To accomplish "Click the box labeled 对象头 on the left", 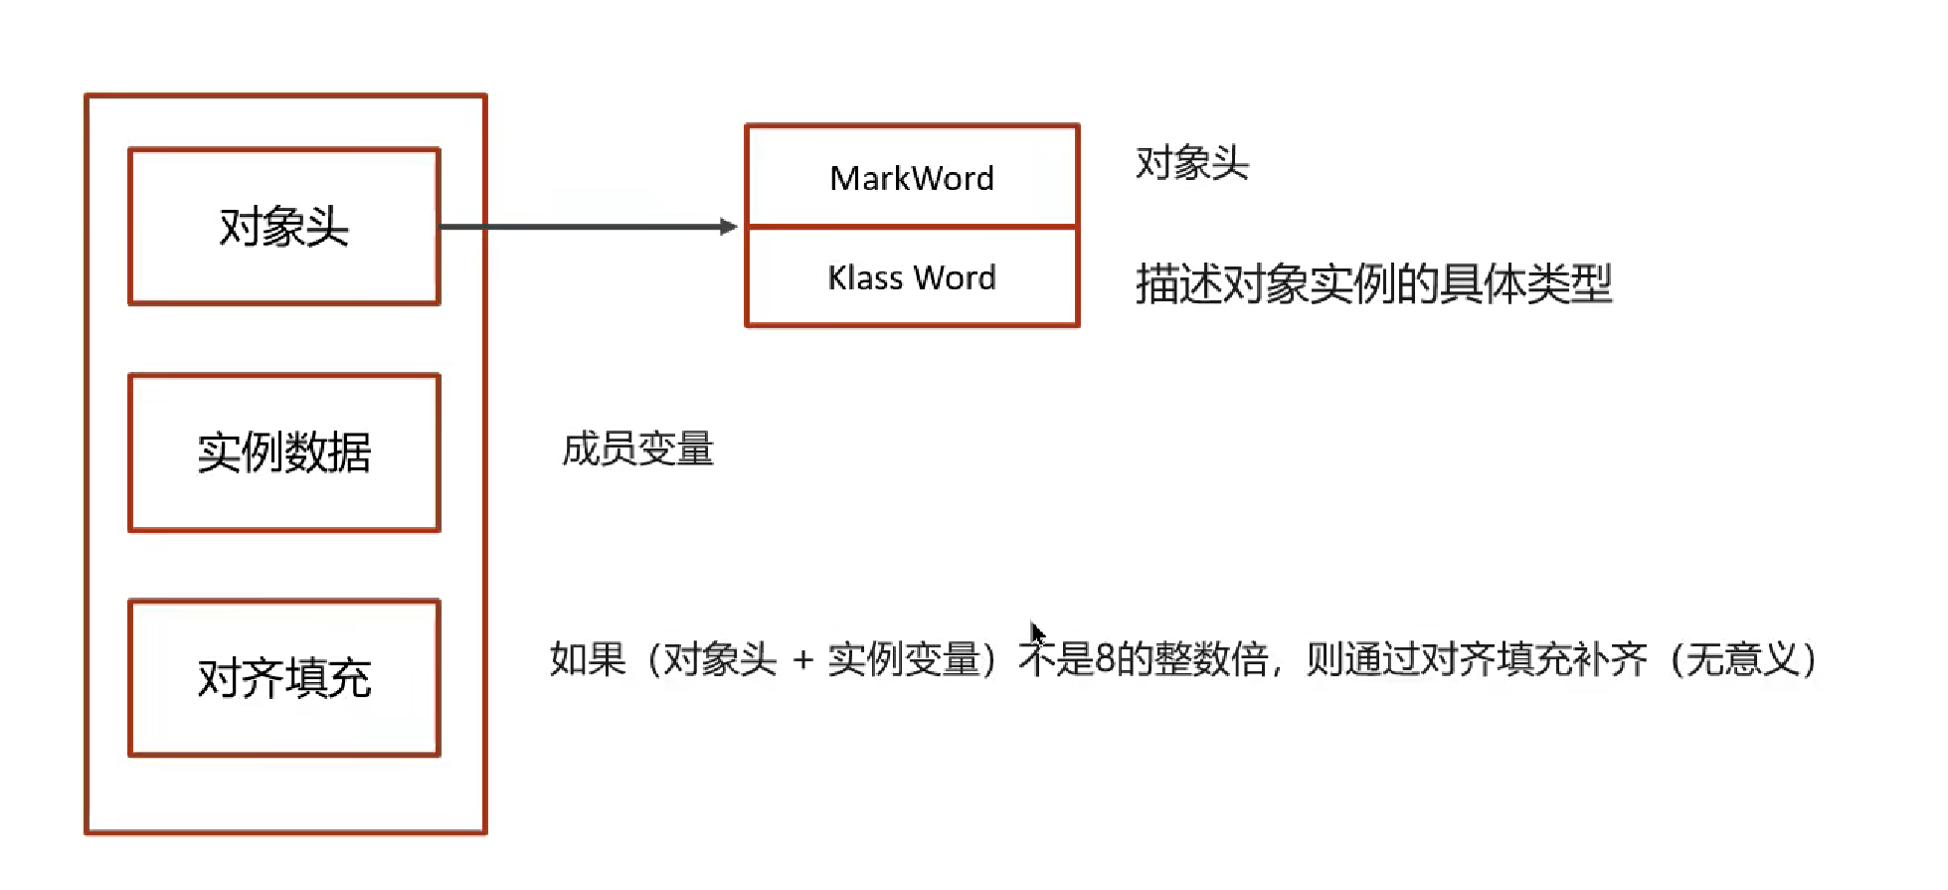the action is click(x=284, y=227).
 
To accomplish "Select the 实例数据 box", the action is click(x=284, y=452).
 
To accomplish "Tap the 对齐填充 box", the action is click(x=284, y=678).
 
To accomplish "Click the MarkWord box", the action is click(x=912, y=177).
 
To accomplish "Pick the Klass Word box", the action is click(x=912, y=277).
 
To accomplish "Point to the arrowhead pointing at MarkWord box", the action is click(x=729, y=227).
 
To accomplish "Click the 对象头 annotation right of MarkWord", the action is click(x=1192, y=163).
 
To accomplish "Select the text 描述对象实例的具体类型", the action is click(x=1373, y=284).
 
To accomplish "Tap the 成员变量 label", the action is click(x=637, y=449).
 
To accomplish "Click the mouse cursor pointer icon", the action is click(x=1036, y=632).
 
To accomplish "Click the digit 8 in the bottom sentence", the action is click(x=1105, y=659).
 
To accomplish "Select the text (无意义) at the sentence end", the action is click(x=1744, y=659).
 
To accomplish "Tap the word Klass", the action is click(x=865, y=277).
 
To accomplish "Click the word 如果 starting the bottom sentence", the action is click(x=588, y=659).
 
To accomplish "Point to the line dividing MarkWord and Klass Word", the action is click(x=912, y=227).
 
